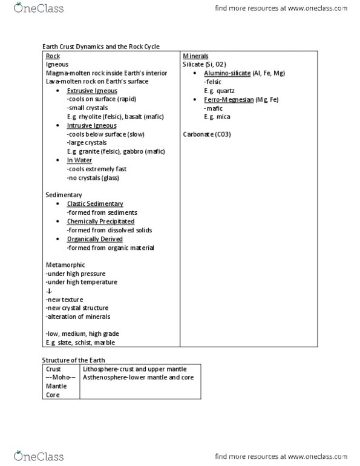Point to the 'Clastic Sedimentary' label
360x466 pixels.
(x=95, y=204)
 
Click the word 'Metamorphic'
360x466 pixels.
(x=65, y=265)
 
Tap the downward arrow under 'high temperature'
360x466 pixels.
(x=48, y=291)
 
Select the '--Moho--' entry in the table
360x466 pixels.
(x=59, y=378)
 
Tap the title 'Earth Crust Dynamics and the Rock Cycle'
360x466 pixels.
(x=100, y=47)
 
